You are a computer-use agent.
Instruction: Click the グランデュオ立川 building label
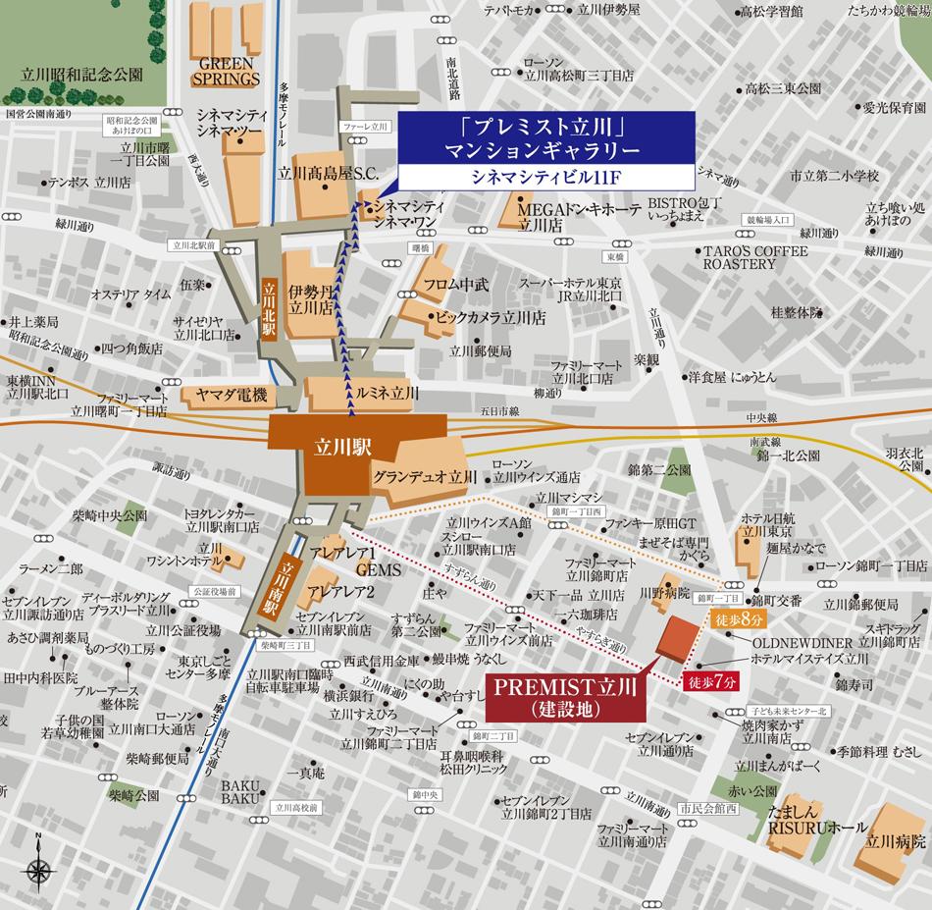coord(424,476)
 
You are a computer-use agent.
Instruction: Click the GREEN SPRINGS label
coord(226,71)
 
